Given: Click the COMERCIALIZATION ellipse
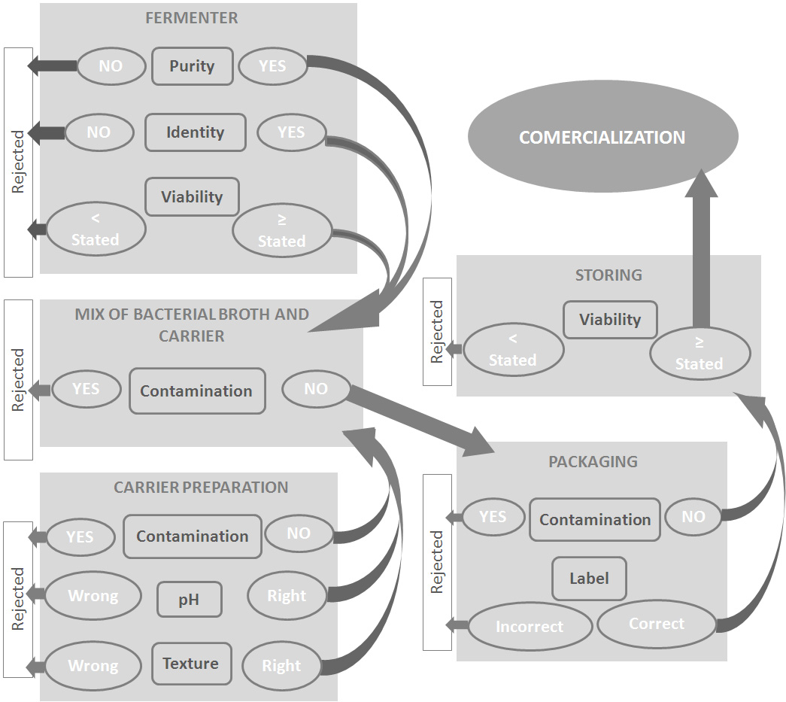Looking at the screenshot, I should pos(602,138).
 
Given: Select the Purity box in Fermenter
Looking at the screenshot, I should pos(192,66).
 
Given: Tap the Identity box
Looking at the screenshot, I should pos(196,133).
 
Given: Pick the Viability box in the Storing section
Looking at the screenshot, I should pos(610,320).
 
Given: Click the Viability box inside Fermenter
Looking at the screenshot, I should pos(192,197).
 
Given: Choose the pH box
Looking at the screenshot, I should pos(190,600).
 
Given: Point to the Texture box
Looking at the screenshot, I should pos(191,664).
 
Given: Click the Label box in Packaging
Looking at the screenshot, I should pos(589,579).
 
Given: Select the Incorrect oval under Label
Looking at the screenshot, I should pos(530,626).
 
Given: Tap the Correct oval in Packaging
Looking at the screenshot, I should pos(657,624).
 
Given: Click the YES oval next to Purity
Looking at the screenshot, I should pos(272,66).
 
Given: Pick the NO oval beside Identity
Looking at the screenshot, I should pos(99,132).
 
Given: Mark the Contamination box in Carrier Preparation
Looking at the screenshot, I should pos(192,536).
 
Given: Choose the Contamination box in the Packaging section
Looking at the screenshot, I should pos(594,519).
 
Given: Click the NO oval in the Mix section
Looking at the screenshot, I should pos(316,389).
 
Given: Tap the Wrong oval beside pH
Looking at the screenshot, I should pos(93,597).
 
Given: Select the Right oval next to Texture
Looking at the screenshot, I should pos(281,666).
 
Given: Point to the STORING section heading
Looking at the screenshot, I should pos(608,275).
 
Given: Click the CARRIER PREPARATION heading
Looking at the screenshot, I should pos(201,488).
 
